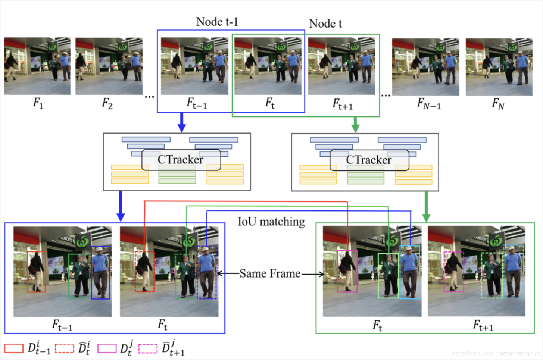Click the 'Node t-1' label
point(217,22)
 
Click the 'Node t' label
point(325,24)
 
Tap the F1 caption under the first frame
point(38,103)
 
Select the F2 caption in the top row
point(107,103)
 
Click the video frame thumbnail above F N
point(499,67)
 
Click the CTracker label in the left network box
point(181,160)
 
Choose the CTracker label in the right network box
point(369,160)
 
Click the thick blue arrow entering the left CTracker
point(181,122)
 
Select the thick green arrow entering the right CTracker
point(355,124)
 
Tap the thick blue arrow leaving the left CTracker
point(120,206)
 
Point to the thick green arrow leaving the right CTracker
point(426,207)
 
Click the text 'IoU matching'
point(271,222)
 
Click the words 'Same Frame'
point(270,273)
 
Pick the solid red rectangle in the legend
point(14,348)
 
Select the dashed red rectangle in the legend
point(65,348)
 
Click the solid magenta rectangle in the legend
point(107,348)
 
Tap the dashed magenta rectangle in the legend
point(148,348)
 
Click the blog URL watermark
point(496,353)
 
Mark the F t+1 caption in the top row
point(343,104)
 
